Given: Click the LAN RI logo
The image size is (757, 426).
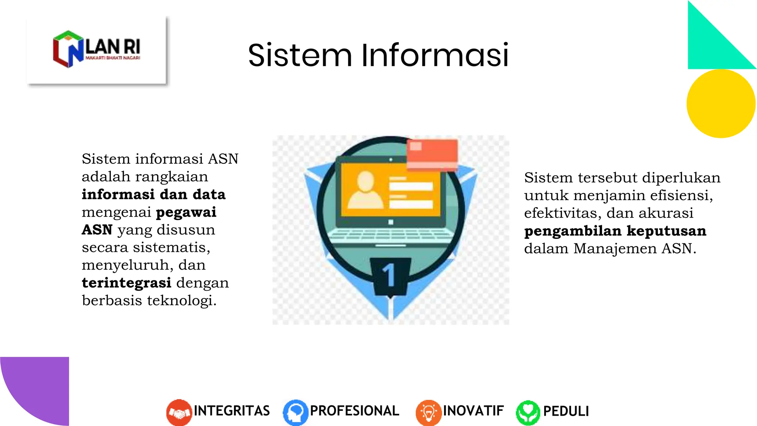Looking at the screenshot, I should [97, 50].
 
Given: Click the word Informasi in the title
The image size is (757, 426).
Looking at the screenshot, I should [435, 55].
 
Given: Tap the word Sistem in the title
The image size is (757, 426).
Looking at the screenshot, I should [300, 55].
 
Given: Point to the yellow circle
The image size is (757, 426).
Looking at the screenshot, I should [721, 104].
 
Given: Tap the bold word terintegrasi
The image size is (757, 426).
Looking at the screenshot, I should [126, 283].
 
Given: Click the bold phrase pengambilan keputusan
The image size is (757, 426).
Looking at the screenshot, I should [615, 231].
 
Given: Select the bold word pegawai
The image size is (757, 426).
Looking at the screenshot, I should [186, 212].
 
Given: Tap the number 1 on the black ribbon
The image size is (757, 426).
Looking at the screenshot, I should [389, 275].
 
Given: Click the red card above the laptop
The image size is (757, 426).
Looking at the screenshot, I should [432, 154].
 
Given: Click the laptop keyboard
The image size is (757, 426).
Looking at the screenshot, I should [391, 235].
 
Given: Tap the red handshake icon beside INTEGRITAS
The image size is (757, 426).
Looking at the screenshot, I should [179, 412].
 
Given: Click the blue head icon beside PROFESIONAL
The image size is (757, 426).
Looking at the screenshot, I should [295, 412].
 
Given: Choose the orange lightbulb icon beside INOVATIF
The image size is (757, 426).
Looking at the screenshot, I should [428, 412].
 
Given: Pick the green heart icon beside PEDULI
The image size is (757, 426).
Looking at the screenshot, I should [528, 412].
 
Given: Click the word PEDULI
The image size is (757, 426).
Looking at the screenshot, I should [566, 411].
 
